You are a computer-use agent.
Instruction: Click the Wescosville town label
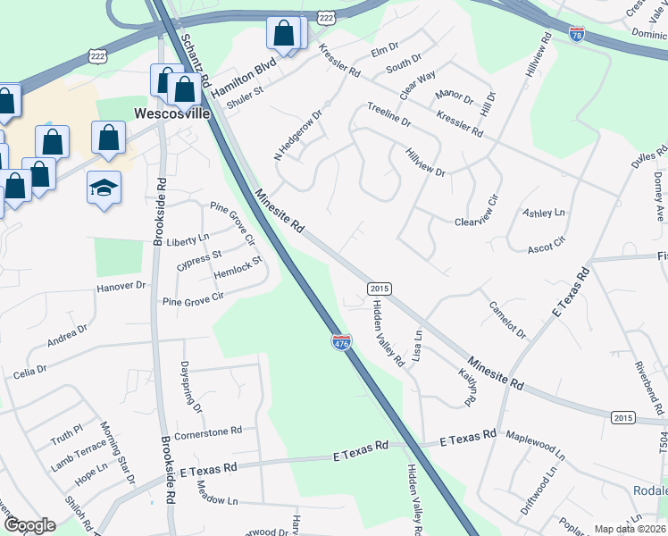click(x=172, y=114)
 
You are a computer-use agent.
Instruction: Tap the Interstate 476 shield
click(x=341, y=343)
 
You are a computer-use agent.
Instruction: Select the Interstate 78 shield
click(x=577, y=34)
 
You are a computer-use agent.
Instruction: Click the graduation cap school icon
click(x=104, y=188)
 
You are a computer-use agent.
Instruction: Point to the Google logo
click(x=29, y=525)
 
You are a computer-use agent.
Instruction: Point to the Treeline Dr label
click(x=388, y=113)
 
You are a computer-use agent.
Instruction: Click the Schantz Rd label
click(x=194, y=60)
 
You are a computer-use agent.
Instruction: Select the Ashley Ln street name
click(x=544, y=213)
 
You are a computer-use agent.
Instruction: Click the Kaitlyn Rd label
click(x=469, y=386)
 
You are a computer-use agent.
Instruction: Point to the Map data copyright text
click(x=630, y=529)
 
